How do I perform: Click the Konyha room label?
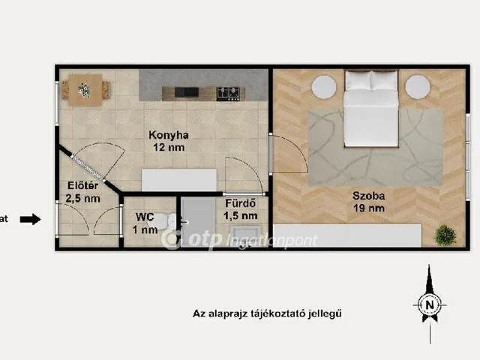pos(168,135)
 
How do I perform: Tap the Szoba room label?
pos(368,196)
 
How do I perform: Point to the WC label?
pos(145,217)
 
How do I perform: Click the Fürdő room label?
pos(240,203)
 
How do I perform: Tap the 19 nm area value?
pos(369,208)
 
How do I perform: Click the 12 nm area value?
pos(169,148)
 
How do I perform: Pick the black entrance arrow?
pos(30,219)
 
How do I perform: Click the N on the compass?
pos(430,305)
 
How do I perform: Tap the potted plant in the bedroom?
pos(445,235)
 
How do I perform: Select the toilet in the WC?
pos(167,222)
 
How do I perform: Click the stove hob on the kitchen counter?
pos(228,94)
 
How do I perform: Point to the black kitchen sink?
pos(187,92)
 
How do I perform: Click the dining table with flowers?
pos(85,90)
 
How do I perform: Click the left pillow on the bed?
pos(358,80)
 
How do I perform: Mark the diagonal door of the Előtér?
pos(88,168)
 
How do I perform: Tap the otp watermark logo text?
pos(205,239)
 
